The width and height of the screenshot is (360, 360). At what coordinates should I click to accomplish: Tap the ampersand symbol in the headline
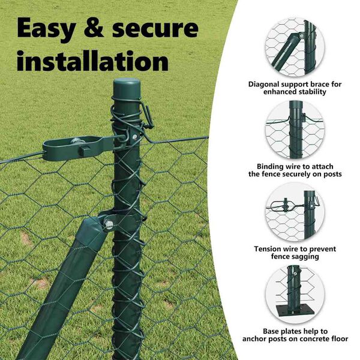(x=94, y=28)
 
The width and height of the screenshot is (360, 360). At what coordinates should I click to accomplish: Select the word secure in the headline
(x=155, y=28)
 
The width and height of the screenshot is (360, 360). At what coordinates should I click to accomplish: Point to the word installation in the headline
(x=93, y=61)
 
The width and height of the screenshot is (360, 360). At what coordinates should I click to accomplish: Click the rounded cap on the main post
(x=127, y=88)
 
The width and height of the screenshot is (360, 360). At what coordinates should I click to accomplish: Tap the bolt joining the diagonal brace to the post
(x=108, y=224)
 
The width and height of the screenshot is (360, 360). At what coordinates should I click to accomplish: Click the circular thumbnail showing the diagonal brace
(x=295, y=47)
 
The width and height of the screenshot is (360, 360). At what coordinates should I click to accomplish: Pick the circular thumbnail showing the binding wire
(x=295, y=129)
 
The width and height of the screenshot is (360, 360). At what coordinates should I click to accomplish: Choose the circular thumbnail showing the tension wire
(x=295, y=212)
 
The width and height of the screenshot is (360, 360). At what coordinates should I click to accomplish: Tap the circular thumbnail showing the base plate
(x=295, y=294)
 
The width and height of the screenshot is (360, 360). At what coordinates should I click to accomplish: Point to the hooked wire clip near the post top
(x=147, y=115)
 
